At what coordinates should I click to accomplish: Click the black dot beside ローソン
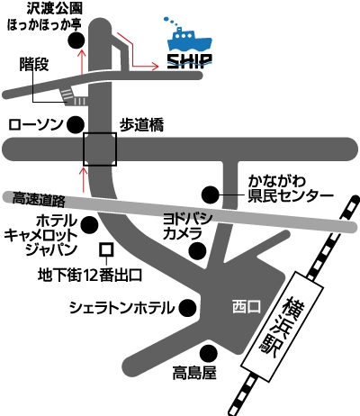pyautogui.click(x=75, y=124)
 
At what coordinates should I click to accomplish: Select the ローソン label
pyautogui.click(x=36, y=124)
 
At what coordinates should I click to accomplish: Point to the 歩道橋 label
pyautogui.click(x=142, y=125)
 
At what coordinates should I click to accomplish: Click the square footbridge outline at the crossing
pyautogui.click(x=100, y=132)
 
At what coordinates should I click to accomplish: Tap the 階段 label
pyautogui.click(x=34, y=64)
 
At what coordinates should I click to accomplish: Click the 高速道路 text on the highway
pyautogui.click(x=39, y=199)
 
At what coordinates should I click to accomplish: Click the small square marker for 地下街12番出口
pyautogui.click(x=106, y=249)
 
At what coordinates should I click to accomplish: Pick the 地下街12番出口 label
pyautogui.click(x=90, y=276)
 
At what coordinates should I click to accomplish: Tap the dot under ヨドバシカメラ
pyautogui.click(x=197, y=250)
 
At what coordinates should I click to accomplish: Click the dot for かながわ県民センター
pyautogui.click(x=210, y=195)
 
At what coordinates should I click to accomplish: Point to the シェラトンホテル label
pyautogui.click(x=121, y=308)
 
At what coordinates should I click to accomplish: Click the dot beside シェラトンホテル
pyautogui.click(x=188, y=308)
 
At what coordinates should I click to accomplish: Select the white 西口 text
pyautogui.click(x=247, y=308)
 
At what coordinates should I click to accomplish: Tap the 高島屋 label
pyautogui.click(x=194, y=373)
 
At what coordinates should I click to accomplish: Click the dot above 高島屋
pyautogui.click(x=209, y=353)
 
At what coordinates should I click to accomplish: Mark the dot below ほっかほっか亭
pyautogui.click(x=76, y=41)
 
